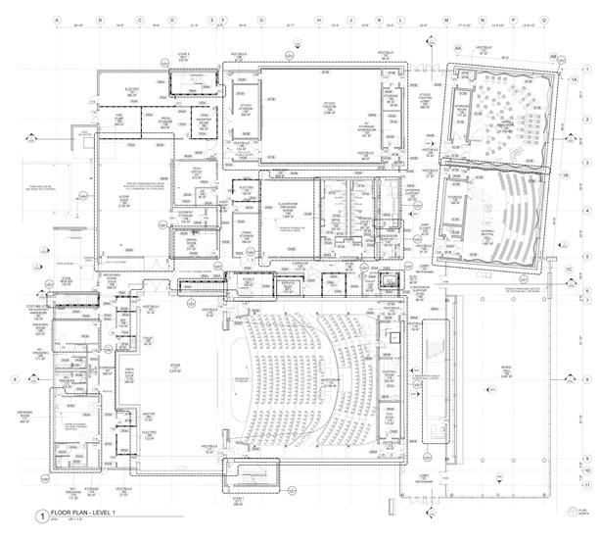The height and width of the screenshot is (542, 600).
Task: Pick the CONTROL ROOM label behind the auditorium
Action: [x=391, y=373]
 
